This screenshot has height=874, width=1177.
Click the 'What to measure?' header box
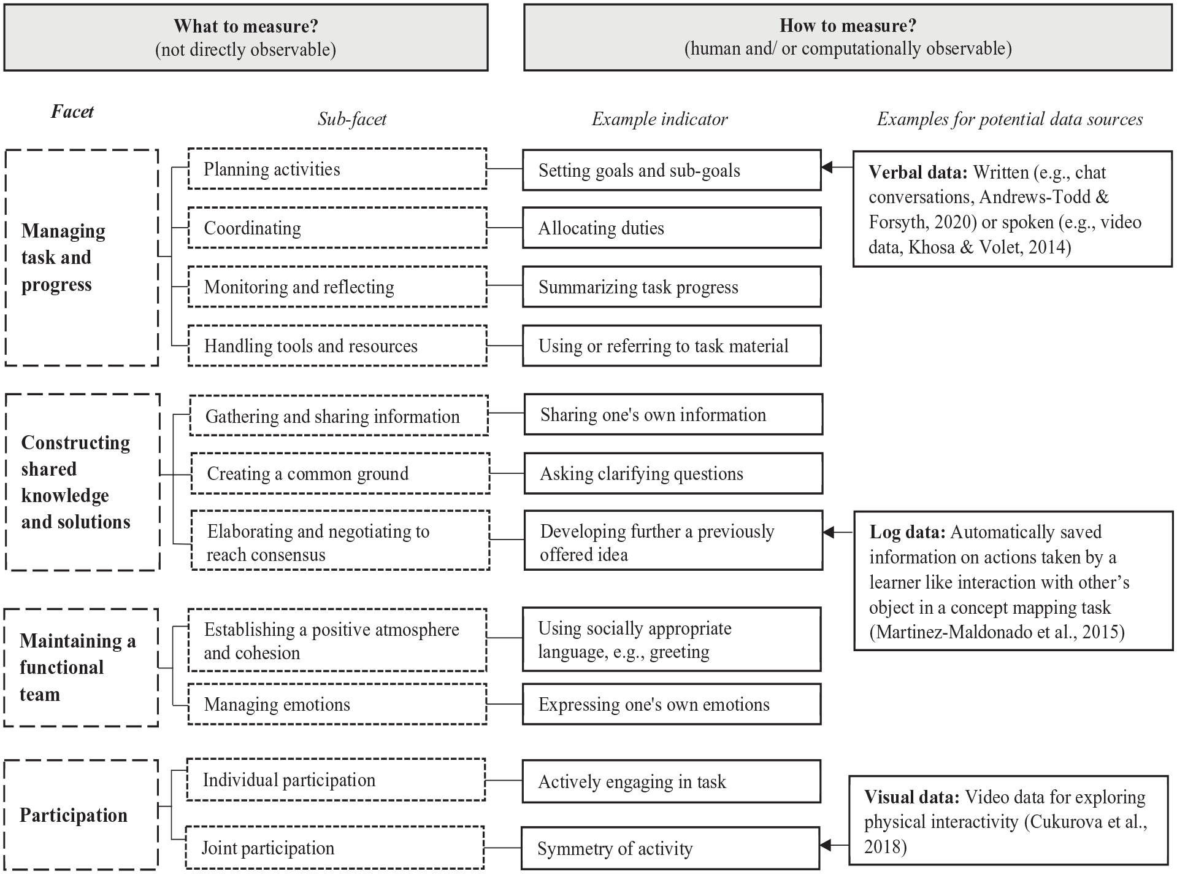coord(246,37)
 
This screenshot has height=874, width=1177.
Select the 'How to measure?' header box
coord(848,37)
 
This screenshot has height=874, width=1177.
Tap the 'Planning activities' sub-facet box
coord(337,169)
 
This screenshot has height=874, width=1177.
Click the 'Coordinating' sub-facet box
coord(337,228)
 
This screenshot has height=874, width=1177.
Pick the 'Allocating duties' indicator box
coord(672,228)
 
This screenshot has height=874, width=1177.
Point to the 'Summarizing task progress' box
coord(672,287)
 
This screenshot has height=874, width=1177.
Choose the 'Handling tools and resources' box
coord(337,346)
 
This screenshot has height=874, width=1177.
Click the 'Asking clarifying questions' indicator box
coord(673,473)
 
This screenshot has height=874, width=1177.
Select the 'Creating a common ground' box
coord(340,473)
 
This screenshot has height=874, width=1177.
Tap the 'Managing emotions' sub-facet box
coord(337,704)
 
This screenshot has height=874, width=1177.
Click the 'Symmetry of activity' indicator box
coord(670,848)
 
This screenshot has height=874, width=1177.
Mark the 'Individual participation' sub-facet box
coord(336,779)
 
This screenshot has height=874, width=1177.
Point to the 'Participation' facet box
coord(81,814)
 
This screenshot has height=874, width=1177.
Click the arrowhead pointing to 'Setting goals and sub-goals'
coord(827,167)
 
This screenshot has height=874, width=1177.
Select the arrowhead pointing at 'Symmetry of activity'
coord(826,846)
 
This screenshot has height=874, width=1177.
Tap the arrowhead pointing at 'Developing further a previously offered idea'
coord(829,532)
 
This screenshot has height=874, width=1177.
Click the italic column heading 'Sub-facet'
coord(352,119)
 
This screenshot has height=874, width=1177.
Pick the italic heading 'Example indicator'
coord(660,119)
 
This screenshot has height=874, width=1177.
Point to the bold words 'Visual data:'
coord(911,797)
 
